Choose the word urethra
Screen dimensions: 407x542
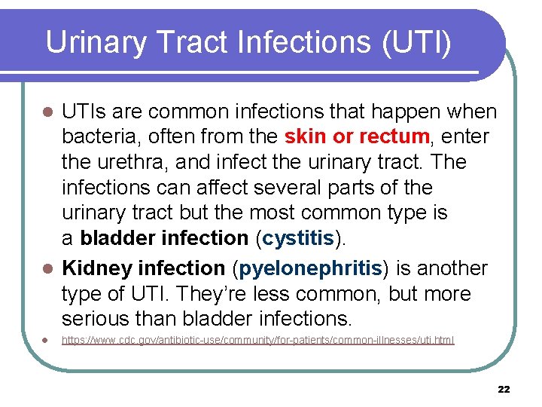138,162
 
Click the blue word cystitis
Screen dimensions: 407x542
299,237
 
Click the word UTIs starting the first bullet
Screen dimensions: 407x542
87,112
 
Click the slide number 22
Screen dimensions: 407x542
504,389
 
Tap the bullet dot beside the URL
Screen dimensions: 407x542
47,341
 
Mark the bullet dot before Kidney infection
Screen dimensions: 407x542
47,269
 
